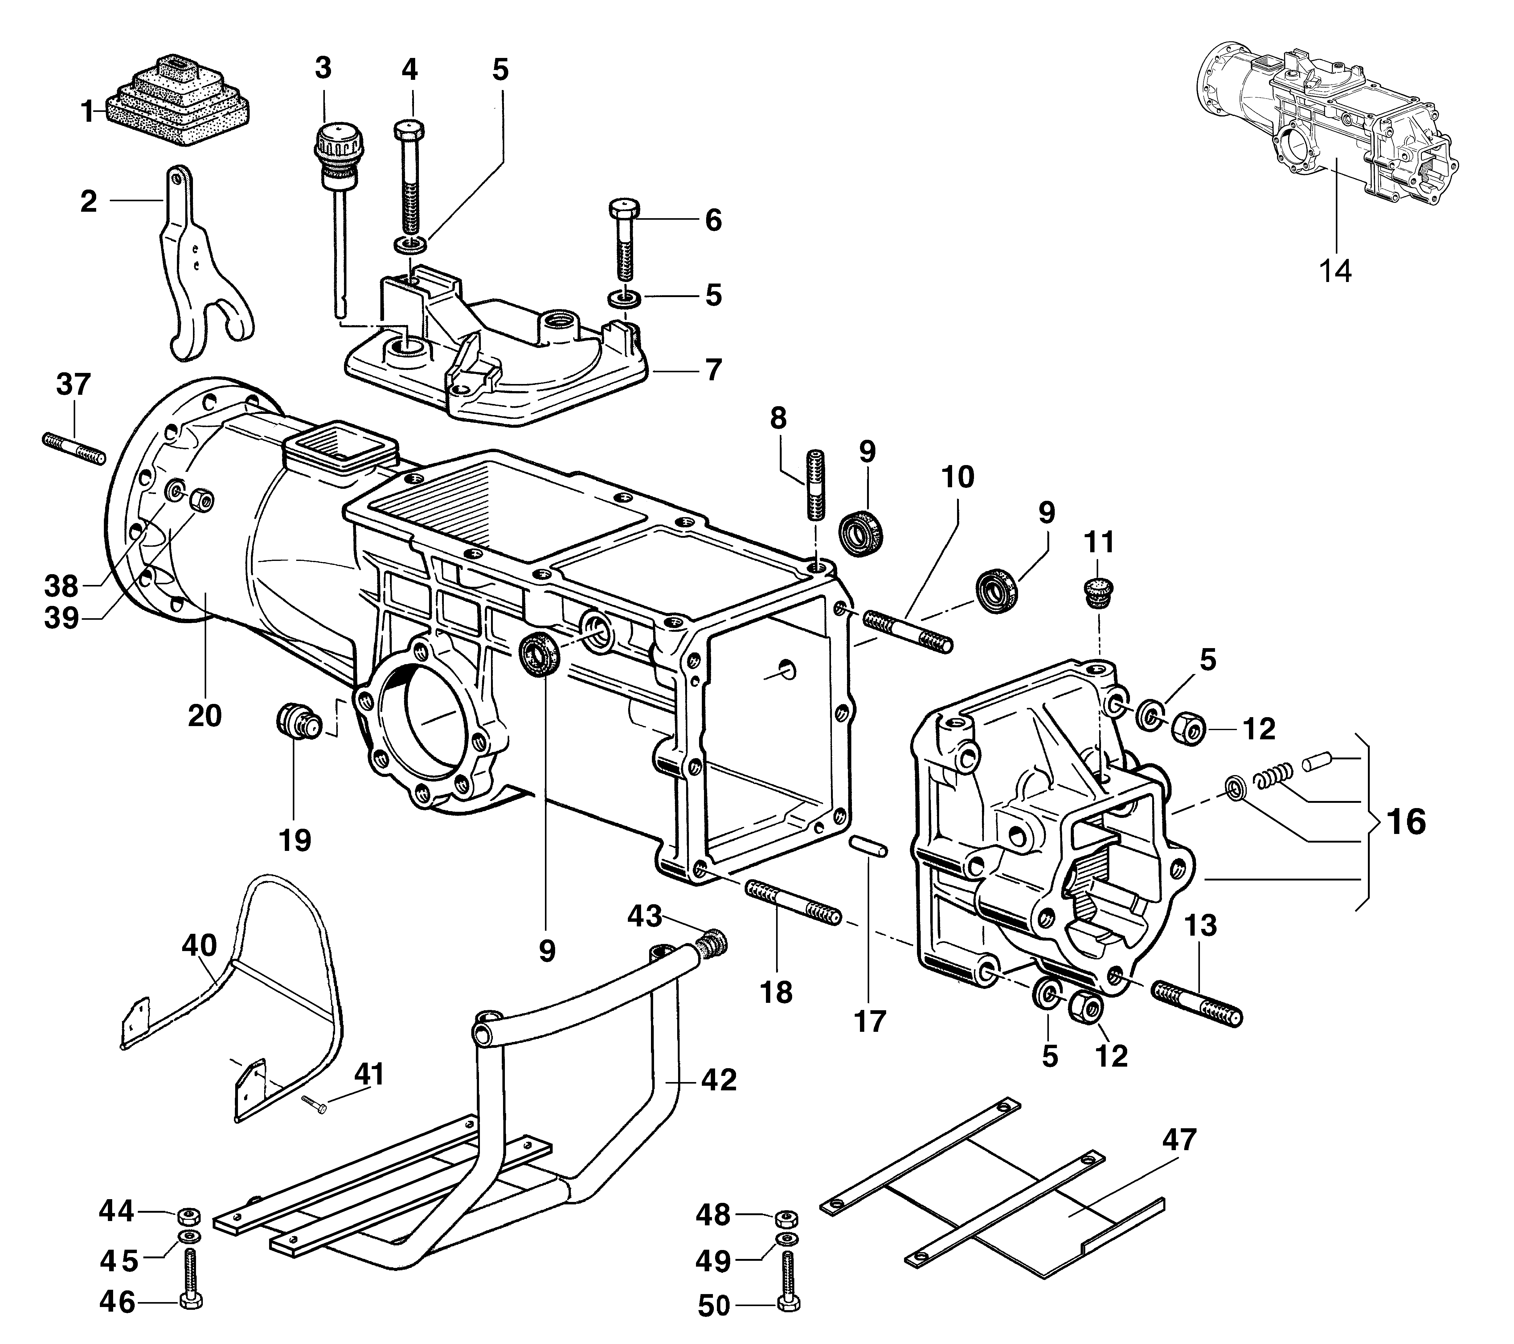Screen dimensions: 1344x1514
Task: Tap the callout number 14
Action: (x=1336, y=272)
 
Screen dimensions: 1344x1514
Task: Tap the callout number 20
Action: (x=204, y=715)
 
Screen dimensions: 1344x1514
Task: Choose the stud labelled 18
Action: (x=794, y=902)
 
